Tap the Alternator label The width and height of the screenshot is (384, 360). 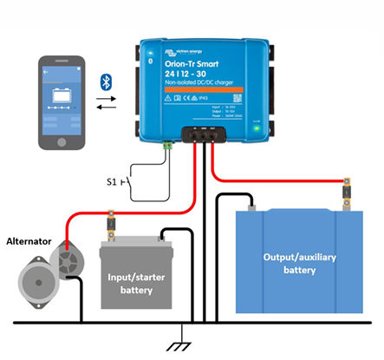pos(29,239)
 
